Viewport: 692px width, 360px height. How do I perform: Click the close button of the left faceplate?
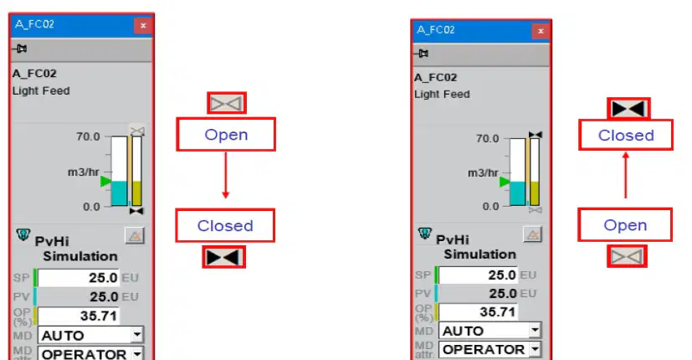[x=143, y=26]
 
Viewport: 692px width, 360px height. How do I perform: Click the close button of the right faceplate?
[x=541, y=31]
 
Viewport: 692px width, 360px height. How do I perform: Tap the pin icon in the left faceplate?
[x=19, y=49]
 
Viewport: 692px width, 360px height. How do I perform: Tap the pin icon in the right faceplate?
[x=422, y=54]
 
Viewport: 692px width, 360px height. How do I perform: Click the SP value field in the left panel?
[x=79, y=278]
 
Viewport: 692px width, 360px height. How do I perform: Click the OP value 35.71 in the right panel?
[x=479, y=311]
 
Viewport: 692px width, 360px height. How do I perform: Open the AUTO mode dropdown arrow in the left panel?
[x=137, y=335]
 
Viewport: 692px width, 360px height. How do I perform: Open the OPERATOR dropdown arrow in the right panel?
[x=535, y=349]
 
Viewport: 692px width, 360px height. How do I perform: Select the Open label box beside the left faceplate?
[x=226, y=134]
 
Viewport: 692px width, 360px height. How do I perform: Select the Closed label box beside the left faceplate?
[x=225, y=226]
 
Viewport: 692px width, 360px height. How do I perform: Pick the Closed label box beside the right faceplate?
[x=626, y=135]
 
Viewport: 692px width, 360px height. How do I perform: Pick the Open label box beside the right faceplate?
[x=625, y=225]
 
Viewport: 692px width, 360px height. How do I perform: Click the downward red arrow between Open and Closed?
[x=226, y=175]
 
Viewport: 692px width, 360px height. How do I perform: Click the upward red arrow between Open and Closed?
[x=625, y=175]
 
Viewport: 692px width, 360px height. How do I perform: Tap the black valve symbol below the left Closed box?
[x=223, y=257]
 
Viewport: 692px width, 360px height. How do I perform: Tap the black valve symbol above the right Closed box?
[x=628, y=109]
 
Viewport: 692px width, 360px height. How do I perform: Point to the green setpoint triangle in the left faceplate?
[x=105, y=181]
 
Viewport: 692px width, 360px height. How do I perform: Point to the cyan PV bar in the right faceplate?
[x=518, y=193]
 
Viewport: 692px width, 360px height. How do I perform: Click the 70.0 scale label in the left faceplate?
[x=88, y=136]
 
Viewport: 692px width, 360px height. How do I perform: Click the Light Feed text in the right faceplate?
[x=442, y=94]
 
